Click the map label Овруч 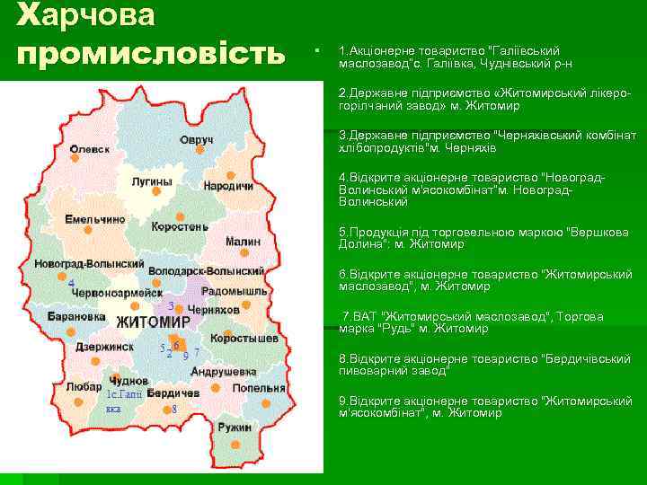pos(196,142)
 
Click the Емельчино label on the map pos(95,219)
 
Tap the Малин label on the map pos(243,242)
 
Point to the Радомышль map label pos(234,293)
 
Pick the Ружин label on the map pos(235,428)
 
